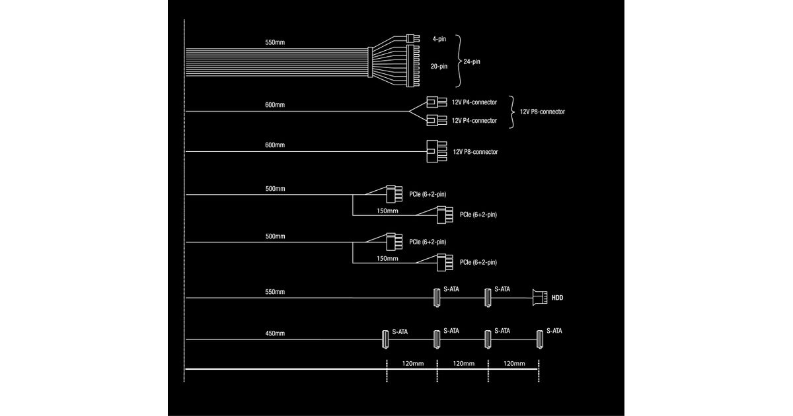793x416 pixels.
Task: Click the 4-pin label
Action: [438, 39]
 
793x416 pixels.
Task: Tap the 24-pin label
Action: [472, 61]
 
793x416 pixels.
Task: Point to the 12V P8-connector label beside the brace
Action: [542, 112]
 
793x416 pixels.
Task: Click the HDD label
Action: [557, 298]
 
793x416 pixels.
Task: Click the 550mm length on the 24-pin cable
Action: [275, 42]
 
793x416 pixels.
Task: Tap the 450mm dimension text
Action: [275, 333]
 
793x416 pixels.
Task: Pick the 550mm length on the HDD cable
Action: [275, 291]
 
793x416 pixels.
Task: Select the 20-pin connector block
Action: [414, 66]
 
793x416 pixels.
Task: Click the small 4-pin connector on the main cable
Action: [414, 39]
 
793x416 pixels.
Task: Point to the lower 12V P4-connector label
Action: [474, 121]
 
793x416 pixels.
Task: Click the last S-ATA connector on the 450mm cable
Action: [539, 339]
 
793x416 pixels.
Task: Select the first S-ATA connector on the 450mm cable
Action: [385, 339]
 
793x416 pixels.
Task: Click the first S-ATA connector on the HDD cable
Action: [436, 298]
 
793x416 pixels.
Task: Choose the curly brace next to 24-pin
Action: [457, 61]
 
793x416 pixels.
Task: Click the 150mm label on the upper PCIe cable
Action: [387, 211]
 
